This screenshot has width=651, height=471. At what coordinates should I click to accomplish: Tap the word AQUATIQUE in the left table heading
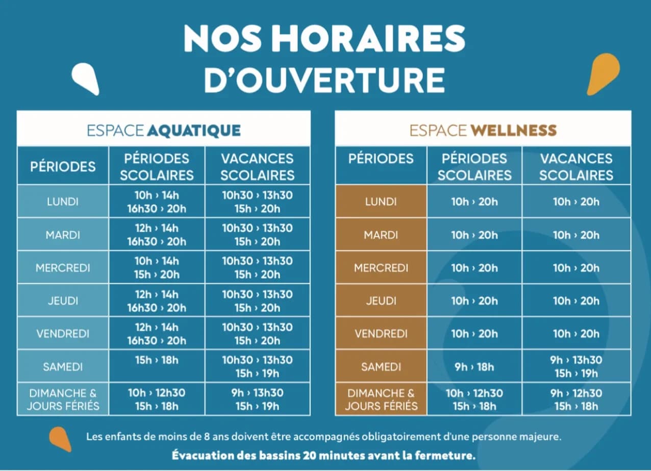pyautogui.click(x=194, y=131)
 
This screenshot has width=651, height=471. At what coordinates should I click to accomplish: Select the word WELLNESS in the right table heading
pyautogui.click(x=514, y=130)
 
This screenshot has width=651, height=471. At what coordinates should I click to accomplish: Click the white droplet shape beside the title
pyautogui.click(x=85, y=79)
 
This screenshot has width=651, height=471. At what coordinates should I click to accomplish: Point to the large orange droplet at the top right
pyautogui.click(x=603, y=73)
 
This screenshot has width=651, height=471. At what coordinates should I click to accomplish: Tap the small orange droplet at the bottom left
pyautogui.click(x=60, y=439)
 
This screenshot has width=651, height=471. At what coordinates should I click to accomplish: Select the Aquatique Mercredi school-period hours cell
pyautogui.click(x=157, y=268)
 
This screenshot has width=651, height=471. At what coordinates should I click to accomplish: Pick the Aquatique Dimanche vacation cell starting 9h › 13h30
pyautogui.click(x=257, y=400)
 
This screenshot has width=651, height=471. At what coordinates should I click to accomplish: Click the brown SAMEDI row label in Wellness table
pyautogui.click(x=381, y=367)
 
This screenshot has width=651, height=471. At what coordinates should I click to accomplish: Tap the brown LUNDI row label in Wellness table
pyautogui.click(x=381, y=202)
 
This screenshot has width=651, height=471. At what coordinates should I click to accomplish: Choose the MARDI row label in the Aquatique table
pyautogui.click(x=63, y=235)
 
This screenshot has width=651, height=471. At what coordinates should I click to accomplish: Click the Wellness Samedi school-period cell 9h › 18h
pyautogui.click(x=474, y=367)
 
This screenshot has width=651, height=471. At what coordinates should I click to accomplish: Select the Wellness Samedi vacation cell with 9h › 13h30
pyautogui.click(x=576, y=366)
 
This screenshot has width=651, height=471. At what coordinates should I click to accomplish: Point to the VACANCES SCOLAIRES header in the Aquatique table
pyautogui.click(x=257, y=167)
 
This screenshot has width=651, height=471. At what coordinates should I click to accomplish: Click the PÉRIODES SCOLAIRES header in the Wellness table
pyautogui.click(x=474, y=167)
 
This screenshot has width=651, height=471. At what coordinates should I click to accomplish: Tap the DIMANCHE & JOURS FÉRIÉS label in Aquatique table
pyautogui.click(x=63, y=400)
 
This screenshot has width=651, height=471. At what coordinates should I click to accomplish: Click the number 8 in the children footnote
pyautogui.click(x=207, y=437)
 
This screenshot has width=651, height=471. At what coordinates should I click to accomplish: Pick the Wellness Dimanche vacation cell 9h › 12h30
pyautogui.click(x=576, y=400)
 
